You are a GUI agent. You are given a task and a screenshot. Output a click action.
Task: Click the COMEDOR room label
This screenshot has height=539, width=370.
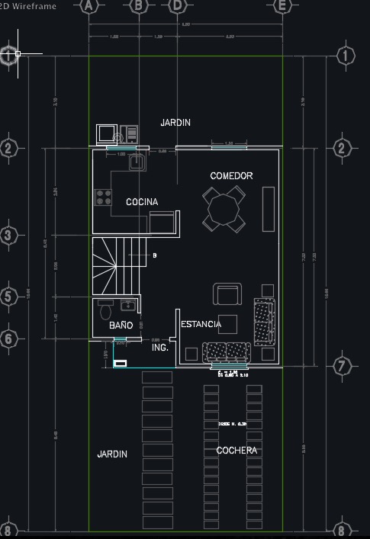(231, 176)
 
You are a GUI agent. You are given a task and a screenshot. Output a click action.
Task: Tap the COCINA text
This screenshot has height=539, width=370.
(142, 202)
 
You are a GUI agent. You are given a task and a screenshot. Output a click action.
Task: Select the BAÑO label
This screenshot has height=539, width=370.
(121, 326)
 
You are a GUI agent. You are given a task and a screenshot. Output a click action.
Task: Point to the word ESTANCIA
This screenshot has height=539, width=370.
(201, 325)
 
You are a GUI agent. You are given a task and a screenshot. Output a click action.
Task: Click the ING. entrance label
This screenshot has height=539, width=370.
(159, 348)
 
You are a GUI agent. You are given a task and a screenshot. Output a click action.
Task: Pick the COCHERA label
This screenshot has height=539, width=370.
(236, 451)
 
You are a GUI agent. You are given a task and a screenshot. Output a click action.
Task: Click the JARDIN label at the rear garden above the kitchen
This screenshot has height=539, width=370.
(175, 123)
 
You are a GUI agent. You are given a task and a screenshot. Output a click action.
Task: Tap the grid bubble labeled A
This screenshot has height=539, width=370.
(90, 5)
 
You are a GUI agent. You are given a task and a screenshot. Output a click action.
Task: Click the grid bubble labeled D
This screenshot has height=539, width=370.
(177, 5)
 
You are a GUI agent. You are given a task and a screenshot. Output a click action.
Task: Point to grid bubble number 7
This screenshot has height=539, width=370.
(342, 367)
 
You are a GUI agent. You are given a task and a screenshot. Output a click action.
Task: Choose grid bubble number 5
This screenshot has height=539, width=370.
(8, 297)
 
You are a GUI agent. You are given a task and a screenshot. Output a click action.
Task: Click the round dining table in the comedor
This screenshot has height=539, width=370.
(224, 209)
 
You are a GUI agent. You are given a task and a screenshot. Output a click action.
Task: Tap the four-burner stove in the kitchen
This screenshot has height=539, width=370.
(103, 197)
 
